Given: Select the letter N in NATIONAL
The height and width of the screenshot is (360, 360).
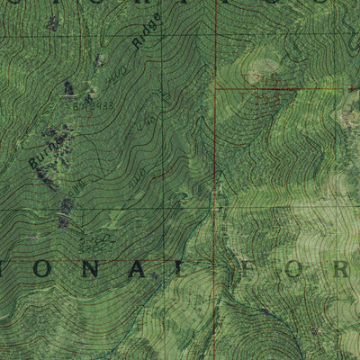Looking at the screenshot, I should (91, 269).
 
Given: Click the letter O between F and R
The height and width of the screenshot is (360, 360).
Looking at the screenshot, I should (297, 269).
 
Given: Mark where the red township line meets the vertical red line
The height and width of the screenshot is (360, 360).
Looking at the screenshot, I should (215, 89).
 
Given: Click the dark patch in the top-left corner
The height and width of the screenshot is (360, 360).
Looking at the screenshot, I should (51, 22).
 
